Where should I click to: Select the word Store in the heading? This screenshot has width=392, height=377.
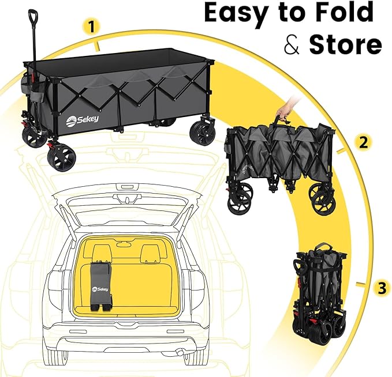point(345,44)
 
